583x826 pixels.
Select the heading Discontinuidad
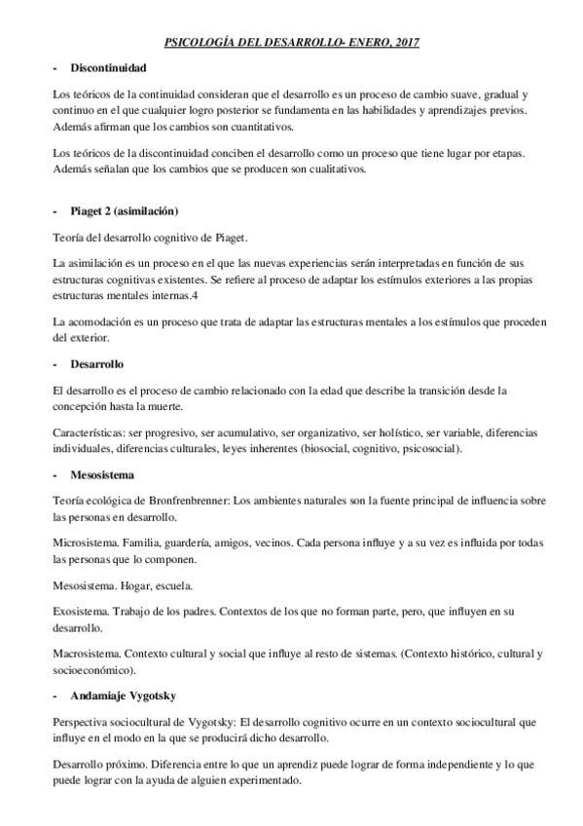click(x=109, y=68)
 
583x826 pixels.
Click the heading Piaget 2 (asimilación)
click(x=124, y=210)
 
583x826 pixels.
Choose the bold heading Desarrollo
click(x=96, y=363)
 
